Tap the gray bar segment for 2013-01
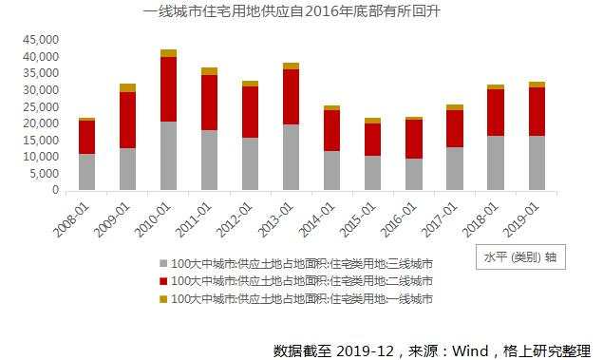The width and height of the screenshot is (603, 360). click(291, 157)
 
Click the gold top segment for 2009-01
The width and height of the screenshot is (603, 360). click(127, 87)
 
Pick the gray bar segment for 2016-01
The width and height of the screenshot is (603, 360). click(413, 174)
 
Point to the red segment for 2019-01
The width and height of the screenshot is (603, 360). click(536, 111)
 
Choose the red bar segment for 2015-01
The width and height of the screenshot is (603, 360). click(372, 140)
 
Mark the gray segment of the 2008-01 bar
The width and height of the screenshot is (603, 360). click(86, 172)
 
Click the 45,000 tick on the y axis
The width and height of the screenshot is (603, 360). click(41, 40)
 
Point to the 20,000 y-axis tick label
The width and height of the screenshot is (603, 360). click(41, 123)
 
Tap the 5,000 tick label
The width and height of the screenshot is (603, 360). click(44, 174)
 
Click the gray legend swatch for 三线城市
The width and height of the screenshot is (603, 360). click(163, 263)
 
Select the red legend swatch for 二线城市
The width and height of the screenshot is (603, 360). click(163, 281)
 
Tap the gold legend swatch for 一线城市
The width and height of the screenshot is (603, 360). click(163, 299)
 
